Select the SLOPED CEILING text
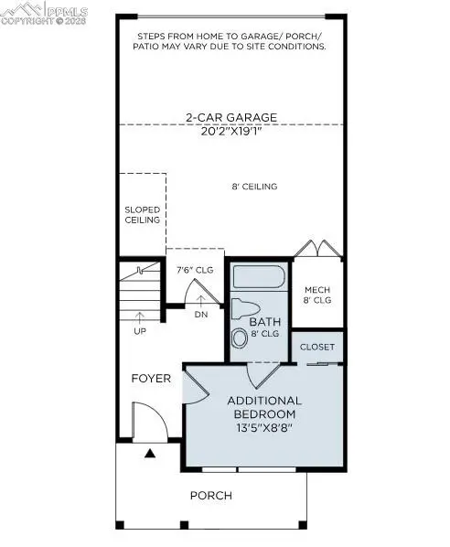pos(143,214)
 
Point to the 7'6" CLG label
pos(194,271)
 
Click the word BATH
pos(264,322)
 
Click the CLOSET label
pos(317,348)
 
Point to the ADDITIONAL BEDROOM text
pos(264,407)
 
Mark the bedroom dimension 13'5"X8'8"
pos(264,426)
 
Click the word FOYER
pos(151,378)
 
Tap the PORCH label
pos(210,496)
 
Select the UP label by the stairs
pos(139,330)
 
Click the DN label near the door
pos(202,316)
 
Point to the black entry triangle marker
pos(149,452)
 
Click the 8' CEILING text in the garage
pos(253,187)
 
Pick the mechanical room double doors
pos(316,248)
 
